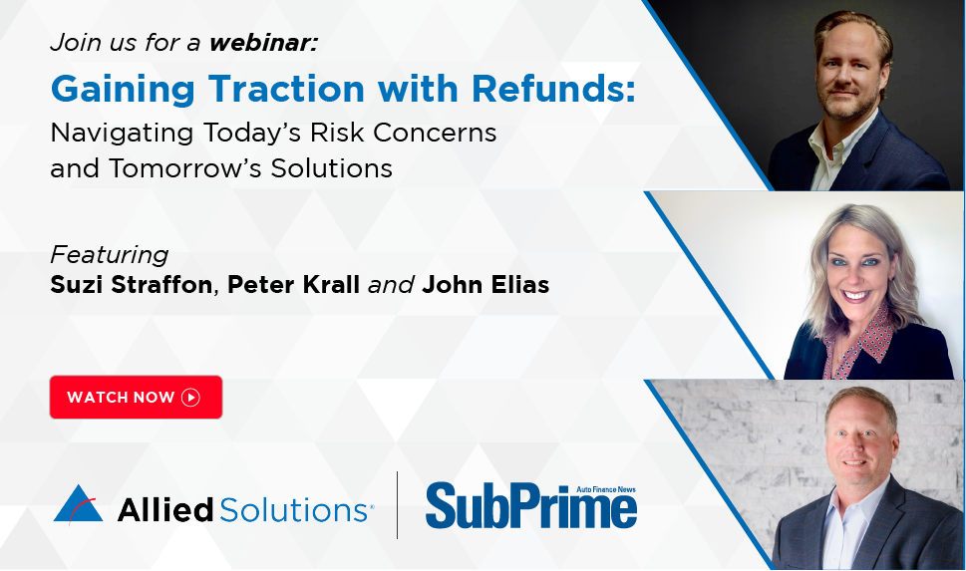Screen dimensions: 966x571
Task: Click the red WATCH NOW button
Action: (136, 397)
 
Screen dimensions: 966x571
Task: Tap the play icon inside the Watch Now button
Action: (191, 398)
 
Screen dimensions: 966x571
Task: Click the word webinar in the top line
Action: (263, 43)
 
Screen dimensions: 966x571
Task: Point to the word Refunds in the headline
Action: (553, 89)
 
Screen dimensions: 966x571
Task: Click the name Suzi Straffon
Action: (132, 285)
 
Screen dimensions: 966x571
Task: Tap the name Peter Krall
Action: (293, 285)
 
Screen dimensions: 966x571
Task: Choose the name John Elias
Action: (485, 285)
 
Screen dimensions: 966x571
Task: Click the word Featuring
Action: (109, 255)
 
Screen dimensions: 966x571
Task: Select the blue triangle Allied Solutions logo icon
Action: (78, 504)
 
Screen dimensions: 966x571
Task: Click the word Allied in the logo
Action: (165, 510)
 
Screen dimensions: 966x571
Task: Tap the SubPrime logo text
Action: (531, 507)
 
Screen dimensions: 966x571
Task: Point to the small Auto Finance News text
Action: (605, 489)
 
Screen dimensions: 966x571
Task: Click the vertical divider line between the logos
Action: (398, 505)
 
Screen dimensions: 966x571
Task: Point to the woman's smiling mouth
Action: (857, 296)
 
